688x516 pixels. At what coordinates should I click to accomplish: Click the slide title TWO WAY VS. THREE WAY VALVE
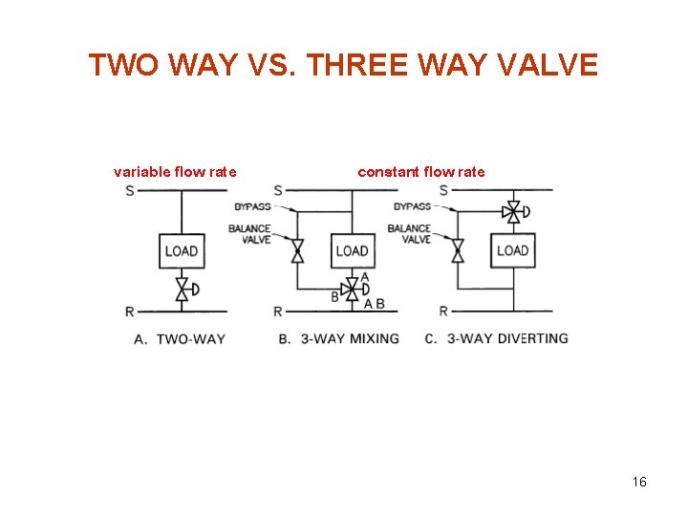coord(343,65)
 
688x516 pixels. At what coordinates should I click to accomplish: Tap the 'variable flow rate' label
coord(175,172)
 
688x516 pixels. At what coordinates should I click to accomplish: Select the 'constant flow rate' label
coord(420,172)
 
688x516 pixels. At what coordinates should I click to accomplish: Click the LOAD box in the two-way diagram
coord(181,250)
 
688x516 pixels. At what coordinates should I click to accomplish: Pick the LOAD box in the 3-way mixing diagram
coord(352,250)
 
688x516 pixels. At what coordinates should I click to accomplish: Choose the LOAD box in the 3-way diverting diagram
coord(512,250)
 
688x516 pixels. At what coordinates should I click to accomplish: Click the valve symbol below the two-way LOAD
coord(182,290)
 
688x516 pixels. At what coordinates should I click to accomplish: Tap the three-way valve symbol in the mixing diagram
coord(352,288)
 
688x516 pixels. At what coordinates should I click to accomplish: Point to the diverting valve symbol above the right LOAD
coord(514,212)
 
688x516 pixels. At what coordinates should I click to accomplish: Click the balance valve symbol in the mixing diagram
coord(297,251)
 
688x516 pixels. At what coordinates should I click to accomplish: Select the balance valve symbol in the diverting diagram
coord(458,251)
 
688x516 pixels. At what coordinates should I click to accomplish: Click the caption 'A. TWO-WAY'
coord(181,338)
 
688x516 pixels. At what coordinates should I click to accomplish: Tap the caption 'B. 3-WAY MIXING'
coord(339,338)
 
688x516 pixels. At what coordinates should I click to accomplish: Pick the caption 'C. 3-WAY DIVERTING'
coord(496,338)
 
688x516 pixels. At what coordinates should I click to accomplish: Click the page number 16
coord(639,482)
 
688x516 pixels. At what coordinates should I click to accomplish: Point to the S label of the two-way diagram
coord(130,190)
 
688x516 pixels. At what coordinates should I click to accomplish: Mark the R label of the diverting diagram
coord(443,312)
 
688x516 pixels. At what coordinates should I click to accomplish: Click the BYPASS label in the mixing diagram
coord(251,207)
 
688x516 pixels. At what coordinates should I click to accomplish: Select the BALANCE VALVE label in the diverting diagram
coord(409,234)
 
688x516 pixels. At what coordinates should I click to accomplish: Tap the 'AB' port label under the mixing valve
coord(375,304)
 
